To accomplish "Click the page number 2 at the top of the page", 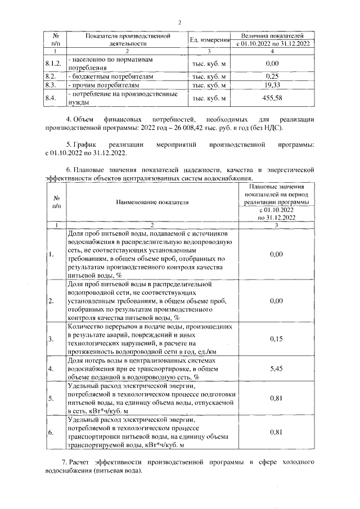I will click(x=179, y=22).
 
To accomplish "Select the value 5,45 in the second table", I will click(x=276, y=368).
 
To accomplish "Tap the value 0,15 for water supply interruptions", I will click(x=276, y=339).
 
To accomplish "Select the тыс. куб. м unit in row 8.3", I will click(x=209, y=85).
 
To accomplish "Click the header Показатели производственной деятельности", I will click(x=127, y=39).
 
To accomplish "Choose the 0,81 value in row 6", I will click(x=276, y=432).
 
